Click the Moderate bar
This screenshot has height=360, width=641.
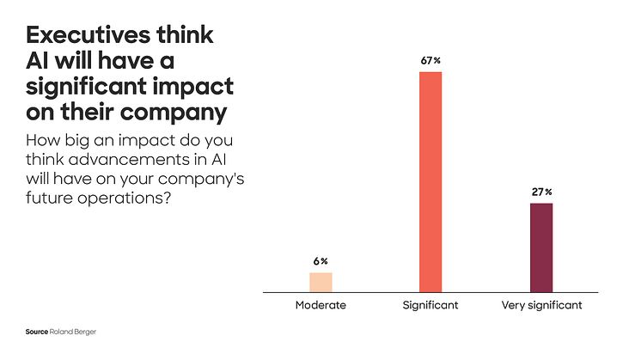pyautogui.click(x=320, y=282)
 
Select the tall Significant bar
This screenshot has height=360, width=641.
pyautogui.click(x=430, y=182)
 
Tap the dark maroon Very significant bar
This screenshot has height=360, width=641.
pyautogui.click(x=541, y=247)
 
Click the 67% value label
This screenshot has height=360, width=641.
pyautogui.click(x=430, y=61)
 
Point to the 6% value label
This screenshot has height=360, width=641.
pyautogui.click(x=320, y=261)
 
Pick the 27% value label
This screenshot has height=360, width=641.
pyautogui.click(x=541, y=192)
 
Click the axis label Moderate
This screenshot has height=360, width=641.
pyautogui.click(x=320, y=305)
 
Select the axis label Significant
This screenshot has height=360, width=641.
pyautogui.click(x=430, y=305)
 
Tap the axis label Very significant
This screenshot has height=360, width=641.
pyautogui.click(x=541, y=305)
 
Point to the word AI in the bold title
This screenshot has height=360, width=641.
pyautogui.click(x=40, y=62)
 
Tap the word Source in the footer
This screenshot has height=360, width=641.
pyautogui.click(x=35, y=330)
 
